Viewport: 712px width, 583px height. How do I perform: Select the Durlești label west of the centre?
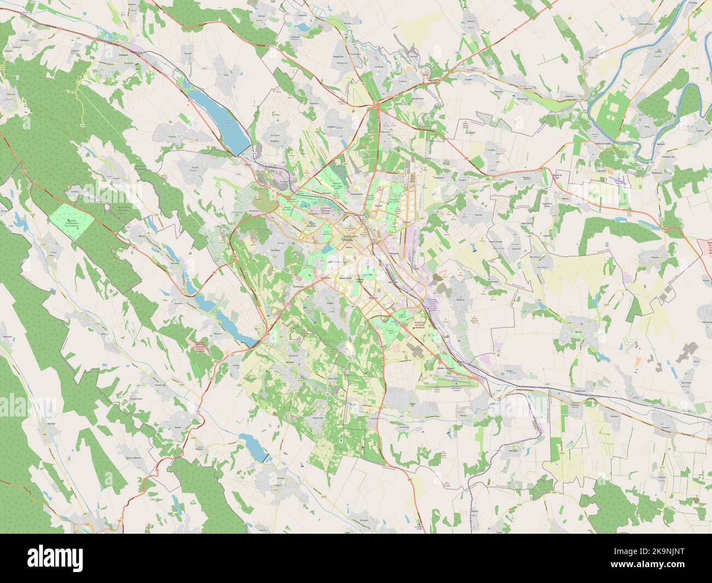pyautogui.click(x=275, y=248)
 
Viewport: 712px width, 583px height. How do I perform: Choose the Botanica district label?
pyautogui.click(x=374, y=297)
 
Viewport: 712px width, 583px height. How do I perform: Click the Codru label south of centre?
pyautogui.click(x=330, y=303)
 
